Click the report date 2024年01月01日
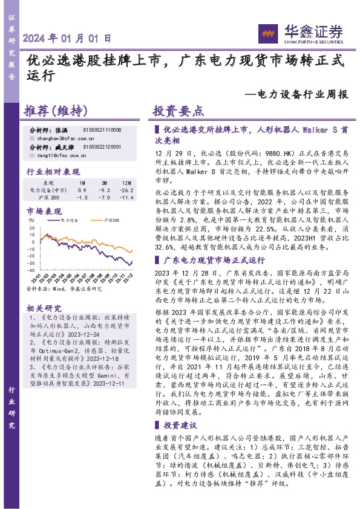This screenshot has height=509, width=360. (x=67, y=37)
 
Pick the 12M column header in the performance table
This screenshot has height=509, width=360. (x=126, y=183)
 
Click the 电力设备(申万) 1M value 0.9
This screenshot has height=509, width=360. (x=82, y=190)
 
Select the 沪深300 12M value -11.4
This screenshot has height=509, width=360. (x=126, y=197)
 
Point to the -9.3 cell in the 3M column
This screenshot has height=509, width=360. (x=103, y=190)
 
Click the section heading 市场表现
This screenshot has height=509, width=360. (x=44, y=212)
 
